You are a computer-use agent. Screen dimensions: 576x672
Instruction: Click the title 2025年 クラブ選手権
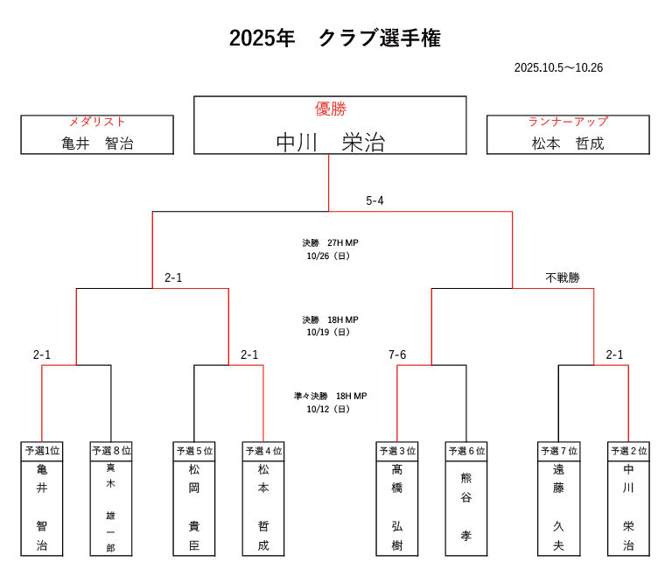point(335,39)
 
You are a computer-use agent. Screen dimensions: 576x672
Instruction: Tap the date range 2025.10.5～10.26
point(558,67)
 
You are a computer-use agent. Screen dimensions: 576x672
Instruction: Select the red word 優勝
point(330,109)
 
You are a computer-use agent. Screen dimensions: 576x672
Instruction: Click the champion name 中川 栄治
point(330,142)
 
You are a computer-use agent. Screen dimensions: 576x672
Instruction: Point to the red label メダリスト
point(97,122)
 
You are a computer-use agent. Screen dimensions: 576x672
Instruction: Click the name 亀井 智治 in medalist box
point(97,144)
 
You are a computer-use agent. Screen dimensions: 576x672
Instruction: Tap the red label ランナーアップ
point(568,122)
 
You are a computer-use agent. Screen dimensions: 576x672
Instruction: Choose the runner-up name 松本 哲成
point(568,144)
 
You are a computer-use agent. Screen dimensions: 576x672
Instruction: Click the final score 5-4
point(374,200)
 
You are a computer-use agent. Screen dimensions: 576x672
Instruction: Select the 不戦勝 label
point(563,277)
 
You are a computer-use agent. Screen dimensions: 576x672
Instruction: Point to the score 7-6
point(397,355)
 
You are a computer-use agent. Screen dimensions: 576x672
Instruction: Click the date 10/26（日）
point(330,256)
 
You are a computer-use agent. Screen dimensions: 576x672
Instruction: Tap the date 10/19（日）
point(330,333)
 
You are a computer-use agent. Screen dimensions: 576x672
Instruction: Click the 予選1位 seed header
point(42,451)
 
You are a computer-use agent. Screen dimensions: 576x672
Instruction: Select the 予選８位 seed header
point(111,451)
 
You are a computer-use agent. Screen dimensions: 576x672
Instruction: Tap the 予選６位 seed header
point(466,451)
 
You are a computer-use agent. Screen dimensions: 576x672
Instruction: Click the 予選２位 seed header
point(628,451)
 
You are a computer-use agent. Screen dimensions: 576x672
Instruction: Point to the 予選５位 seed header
point(194,451)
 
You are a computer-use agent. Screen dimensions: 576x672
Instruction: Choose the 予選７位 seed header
point(559,451)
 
